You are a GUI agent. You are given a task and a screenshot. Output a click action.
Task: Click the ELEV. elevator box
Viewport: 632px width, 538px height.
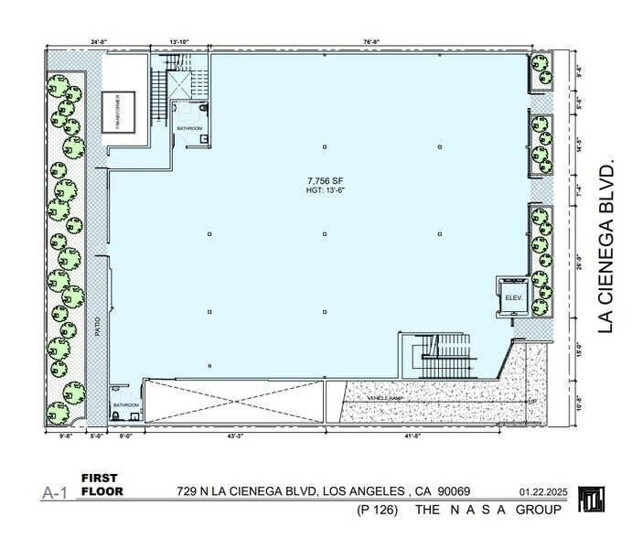[509, 297]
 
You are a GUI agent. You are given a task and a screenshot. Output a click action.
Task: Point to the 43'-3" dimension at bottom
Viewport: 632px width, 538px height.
[239, 437]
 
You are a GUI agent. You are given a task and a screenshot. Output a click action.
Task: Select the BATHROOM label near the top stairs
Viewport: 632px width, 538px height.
[189, 129]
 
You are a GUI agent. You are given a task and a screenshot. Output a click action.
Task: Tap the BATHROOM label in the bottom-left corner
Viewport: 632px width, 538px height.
[125, 404]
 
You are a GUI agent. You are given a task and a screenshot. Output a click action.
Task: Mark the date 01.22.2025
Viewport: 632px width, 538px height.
[543, 491]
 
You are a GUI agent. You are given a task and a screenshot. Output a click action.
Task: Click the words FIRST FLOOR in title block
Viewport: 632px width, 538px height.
[102, 485]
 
